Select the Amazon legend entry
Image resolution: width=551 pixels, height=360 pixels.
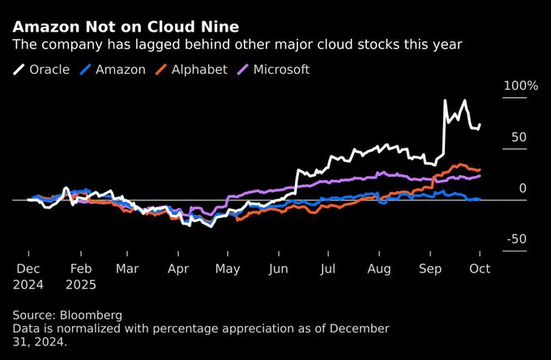point(121,70)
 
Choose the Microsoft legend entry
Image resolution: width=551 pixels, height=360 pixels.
point(281,70)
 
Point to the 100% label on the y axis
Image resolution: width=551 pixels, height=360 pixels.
point(520,86)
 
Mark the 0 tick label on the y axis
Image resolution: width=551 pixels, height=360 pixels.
point(523,188)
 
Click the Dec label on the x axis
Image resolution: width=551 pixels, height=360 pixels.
point(29,268)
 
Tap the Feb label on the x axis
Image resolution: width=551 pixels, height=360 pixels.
point(80,268)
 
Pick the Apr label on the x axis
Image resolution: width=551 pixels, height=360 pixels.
point(177,268)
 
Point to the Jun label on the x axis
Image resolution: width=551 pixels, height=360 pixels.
point(278,268)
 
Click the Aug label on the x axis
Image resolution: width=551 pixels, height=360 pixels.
point(379,268)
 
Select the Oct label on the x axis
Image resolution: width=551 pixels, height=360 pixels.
point(480,268)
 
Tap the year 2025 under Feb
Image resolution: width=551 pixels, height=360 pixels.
point(82,285)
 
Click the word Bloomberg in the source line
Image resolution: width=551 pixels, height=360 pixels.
point(95,314)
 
